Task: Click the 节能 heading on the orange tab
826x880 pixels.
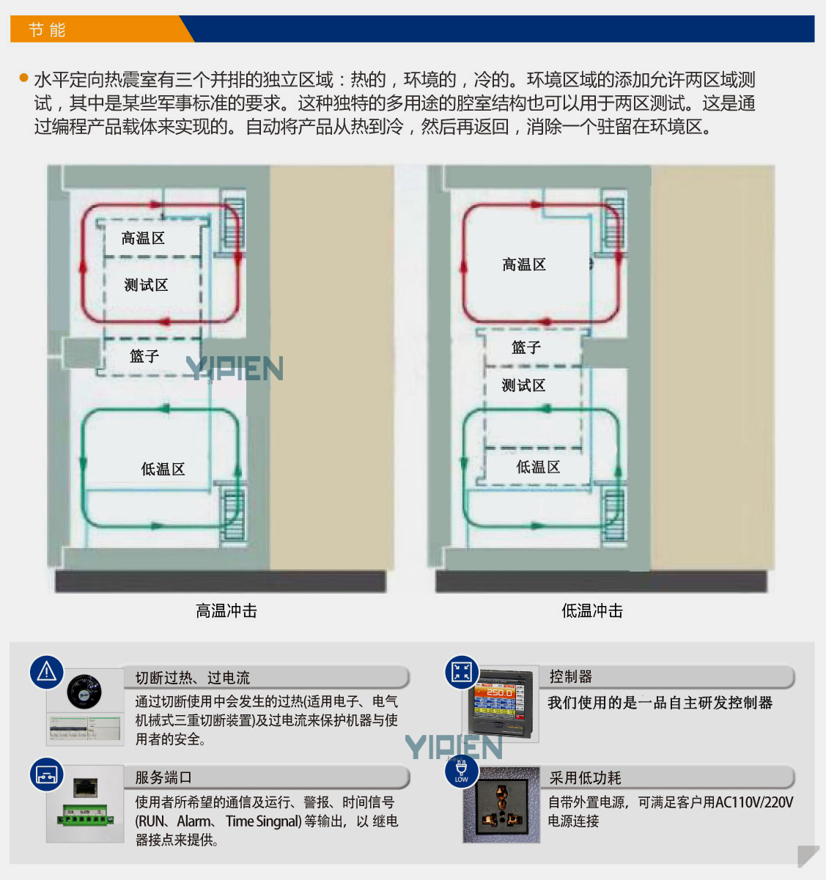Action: [x=47, y=30]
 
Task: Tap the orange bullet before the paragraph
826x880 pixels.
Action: [x=24, y=78]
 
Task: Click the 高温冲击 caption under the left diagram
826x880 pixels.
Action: [x=226, y=610]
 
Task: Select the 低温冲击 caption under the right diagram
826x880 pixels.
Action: [x=592, y=610]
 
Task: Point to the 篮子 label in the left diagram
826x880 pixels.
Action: [x=144, y=356]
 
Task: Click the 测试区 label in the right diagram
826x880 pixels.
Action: [x=523, y=385]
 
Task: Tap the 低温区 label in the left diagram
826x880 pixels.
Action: [x=163, y=469]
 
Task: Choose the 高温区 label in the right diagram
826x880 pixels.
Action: [x=523, y=265]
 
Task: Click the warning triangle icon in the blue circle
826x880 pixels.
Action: [x=47, y=672]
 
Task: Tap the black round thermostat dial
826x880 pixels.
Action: [x=84, y=692]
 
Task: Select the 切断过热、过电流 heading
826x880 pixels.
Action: [x=193, y=678]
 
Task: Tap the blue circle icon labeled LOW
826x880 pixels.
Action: [x=462, y=772]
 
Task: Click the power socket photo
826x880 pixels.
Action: [x=501, y=805]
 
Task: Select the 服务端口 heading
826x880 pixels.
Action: [x=163, y=777]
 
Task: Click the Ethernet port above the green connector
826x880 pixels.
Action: [x=85, y=788]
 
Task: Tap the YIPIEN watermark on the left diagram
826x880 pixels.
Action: [x=235, y=369]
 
